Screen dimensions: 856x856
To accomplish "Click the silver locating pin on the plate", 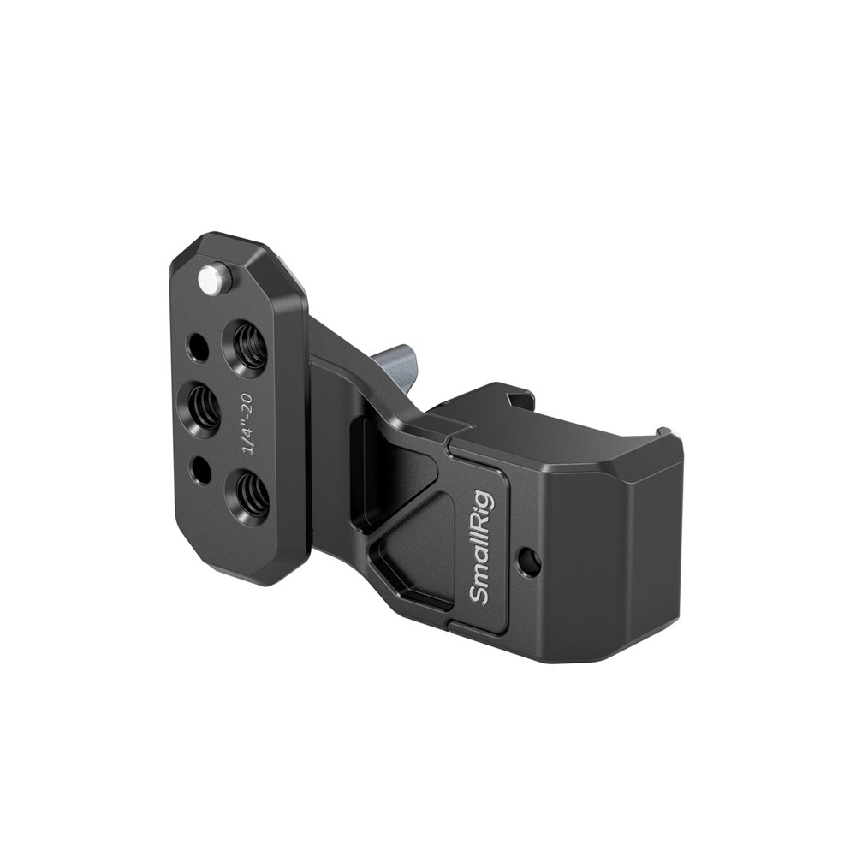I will (x=210, y=278).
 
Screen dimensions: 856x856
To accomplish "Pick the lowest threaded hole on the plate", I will (x=249, y=496).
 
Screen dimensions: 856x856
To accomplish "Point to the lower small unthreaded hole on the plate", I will (x=201, y=469).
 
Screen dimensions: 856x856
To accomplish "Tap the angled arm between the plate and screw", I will (x=342, y=342).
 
